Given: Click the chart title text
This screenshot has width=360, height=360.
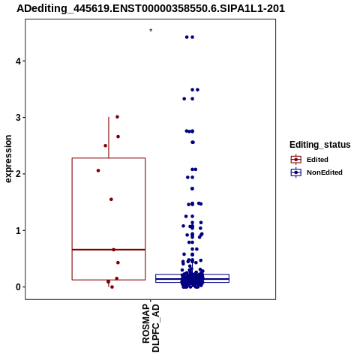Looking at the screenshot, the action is coord(151,9).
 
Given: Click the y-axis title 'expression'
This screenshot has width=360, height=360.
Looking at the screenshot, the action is coord(8,159).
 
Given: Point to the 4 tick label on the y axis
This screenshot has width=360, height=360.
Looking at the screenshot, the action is coord(18,61).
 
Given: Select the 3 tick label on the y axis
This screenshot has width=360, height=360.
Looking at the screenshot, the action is coord(18,118).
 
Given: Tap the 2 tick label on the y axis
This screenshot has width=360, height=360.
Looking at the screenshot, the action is coord(18,174).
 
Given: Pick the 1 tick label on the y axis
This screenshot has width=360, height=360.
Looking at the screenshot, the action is coord(18,230).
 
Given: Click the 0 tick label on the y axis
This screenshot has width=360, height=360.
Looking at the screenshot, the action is coord(18,287).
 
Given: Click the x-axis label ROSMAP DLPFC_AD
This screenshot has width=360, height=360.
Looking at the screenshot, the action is coord(151,328).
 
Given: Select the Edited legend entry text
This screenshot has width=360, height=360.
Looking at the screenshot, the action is coord(317,160).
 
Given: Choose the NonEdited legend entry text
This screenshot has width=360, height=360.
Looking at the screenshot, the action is coord(325,172).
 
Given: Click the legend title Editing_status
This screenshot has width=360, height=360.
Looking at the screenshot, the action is coord(320,145).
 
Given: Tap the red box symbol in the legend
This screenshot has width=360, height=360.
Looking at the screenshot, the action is coord(296,160).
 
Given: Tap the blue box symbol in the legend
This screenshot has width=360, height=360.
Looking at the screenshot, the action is coord(296,172).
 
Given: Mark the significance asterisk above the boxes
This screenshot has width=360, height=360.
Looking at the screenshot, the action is coord(151,31).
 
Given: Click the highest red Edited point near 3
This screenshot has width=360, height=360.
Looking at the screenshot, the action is coord(117,117).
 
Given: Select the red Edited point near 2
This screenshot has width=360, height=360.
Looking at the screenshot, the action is coord(98,170).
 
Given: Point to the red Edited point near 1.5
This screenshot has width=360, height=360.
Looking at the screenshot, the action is coord(111,199).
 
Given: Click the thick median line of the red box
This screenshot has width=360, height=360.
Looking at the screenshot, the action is coord(109,250).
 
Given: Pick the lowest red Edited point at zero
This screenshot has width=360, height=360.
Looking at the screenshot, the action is coord(112,287).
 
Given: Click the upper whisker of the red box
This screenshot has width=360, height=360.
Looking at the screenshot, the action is coord(109,137).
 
